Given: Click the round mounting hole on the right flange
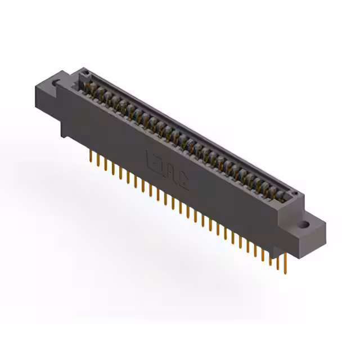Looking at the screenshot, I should pyautogui.click(x=304, y=225).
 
